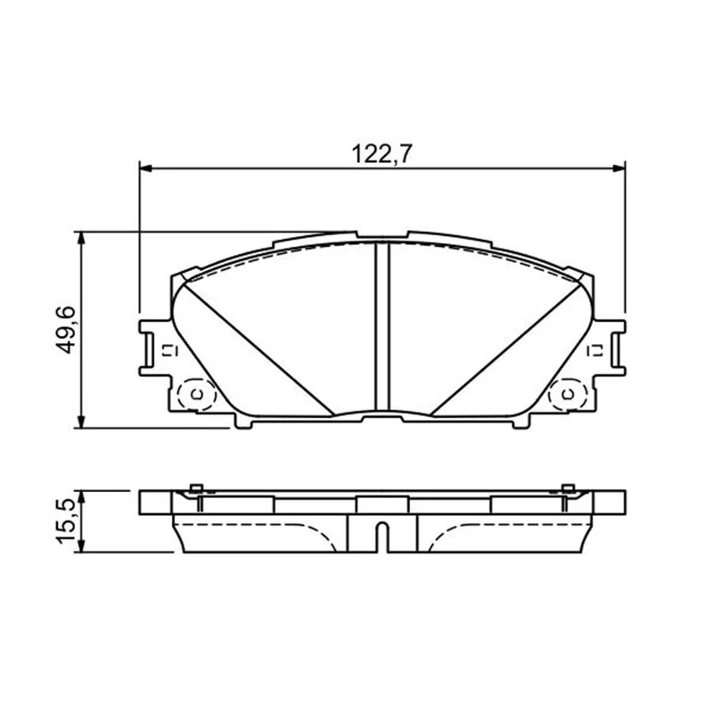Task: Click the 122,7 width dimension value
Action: (x=381, y=154)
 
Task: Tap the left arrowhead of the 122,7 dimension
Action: (x=145, y=168)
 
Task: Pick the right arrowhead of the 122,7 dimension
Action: (x=619, y=168)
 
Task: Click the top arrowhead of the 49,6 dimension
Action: (x=81, y=237)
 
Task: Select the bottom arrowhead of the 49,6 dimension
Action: (x=81, y=422)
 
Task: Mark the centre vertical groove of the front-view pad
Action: (x=382, y=326)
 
